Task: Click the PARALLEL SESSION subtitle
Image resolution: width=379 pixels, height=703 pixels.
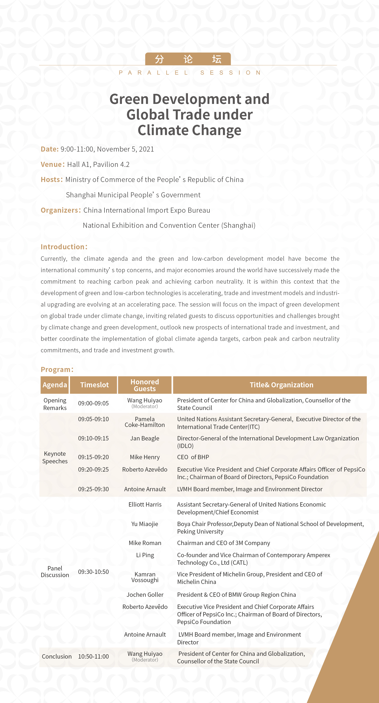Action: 190,73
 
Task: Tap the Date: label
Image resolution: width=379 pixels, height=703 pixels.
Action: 49,149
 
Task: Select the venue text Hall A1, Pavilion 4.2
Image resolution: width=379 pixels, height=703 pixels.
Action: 98,164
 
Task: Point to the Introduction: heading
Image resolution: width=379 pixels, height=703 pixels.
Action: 64,247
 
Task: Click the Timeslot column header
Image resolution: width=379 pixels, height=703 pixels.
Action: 94,385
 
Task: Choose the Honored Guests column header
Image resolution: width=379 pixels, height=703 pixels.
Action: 145,385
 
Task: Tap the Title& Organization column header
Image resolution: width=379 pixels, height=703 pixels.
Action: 281,385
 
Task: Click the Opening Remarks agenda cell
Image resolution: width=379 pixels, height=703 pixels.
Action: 55,404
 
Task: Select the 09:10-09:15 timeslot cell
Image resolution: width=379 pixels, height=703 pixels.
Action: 93,438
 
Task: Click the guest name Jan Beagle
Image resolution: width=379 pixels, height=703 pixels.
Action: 145,438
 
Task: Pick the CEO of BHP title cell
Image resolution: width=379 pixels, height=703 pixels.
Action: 193,457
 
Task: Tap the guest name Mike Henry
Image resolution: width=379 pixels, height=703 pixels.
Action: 145,457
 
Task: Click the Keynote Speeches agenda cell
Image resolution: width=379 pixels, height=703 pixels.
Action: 55,457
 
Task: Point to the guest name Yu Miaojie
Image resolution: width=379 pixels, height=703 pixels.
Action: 145,524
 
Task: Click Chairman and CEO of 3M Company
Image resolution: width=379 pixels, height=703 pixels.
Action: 223,543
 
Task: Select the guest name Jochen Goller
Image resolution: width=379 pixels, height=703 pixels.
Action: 145,595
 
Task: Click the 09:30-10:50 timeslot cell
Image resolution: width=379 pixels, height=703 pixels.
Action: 93,572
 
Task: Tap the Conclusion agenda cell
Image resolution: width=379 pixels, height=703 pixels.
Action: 57,656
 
